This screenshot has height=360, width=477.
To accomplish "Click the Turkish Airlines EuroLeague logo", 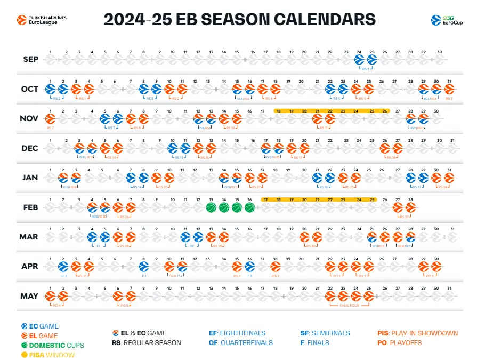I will [42, 20].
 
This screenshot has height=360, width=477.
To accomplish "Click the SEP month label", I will [31, 59].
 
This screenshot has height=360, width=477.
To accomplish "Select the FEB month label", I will [31, 207].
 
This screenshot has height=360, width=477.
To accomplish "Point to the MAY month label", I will [31, 295].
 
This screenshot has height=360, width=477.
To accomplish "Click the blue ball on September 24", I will [359, 60].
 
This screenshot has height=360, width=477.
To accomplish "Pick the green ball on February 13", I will [211, 207].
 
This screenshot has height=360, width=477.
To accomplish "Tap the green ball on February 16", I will [249, 207].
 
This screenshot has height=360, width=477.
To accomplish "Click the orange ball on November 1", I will [51, 118].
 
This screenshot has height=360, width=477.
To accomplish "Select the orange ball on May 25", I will [369, 295].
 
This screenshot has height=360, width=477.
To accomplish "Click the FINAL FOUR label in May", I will [349, 306].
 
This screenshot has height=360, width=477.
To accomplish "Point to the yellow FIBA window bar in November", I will [332, 111].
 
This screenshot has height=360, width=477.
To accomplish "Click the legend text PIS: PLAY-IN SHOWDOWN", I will [417, 333].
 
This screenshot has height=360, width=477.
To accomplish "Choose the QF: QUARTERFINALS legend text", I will [240, 343].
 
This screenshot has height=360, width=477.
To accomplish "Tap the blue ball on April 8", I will [143, 266].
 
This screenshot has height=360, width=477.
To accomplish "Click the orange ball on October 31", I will [449, 89].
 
